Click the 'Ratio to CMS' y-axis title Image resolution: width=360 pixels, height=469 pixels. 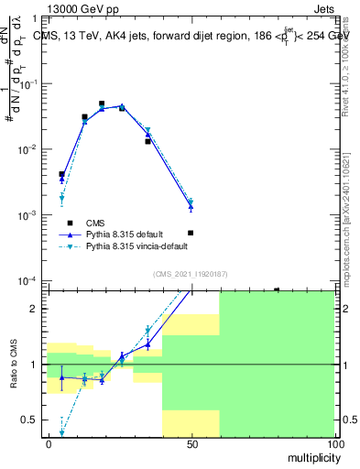point(15,365)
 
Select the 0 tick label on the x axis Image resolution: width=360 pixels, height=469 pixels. point(48,444)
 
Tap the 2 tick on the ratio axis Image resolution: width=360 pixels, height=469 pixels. point(38,309)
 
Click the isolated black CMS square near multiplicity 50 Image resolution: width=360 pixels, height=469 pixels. point(191,233)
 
